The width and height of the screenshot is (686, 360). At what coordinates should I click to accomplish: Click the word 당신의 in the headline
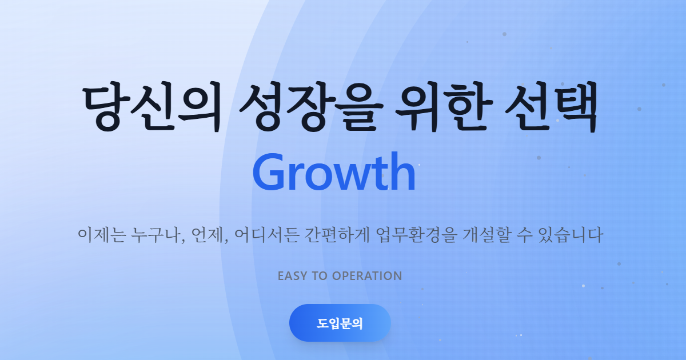[151, 109]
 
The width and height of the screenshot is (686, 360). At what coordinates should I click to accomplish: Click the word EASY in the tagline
[293, 276]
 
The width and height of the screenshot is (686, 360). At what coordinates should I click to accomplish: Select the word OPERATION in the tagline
[367, 276]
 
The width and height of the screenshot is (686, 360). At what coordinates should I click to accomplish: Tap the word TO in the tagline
[320, 276]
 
